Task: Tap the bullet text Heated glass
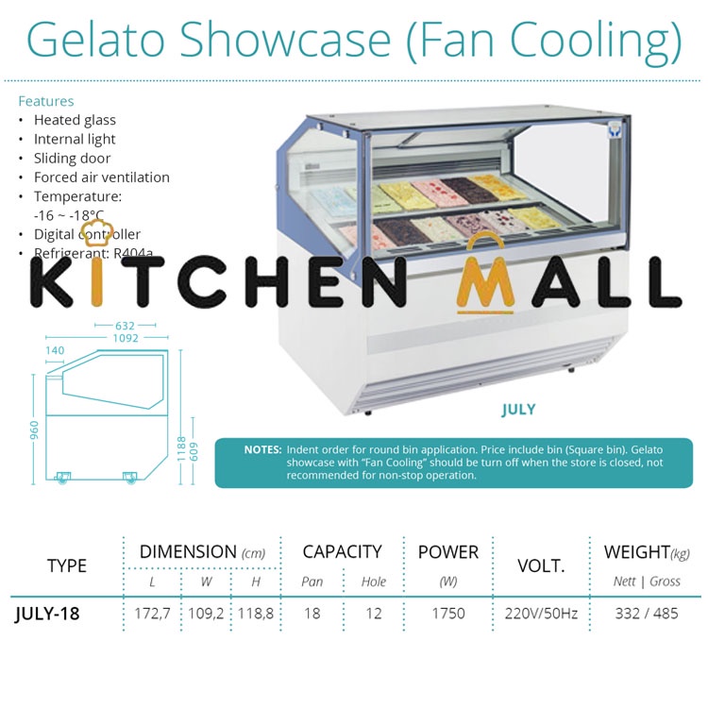tap(75, 120)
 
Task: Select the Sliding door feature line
tap(72, 158)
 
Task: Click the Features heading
tap(45, 101)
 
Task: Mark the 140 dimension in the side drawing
tap(55, 351)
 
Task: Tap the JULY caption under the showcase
tap(518, 410)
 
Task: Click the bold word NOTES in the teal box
tap(262, 450)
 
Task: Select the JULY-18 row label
tap(47, 613)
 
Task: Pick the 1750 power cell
tap(447, 613)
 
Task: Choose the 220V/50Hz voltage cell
tap(541, 613)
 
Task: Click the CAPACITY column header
tap(342, 552)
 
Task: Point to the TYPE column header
tap(66, 565)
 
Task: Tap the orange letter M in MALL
tap(485, 280)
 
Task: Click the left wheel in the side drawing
tap(63, 478)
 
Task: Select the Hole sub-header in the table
tap(374, 582)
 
